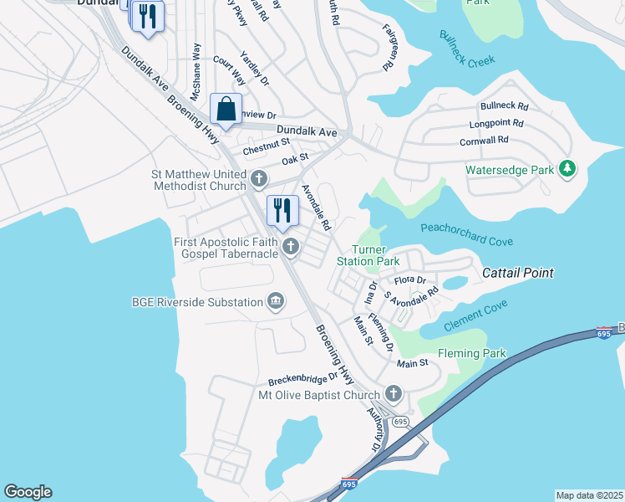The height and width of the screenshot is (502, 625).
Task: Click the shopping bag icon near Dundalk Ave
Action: click(x=226, y=109)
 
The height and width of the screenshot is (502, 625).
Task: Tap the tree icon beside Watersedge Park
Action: click(x=567, y=169)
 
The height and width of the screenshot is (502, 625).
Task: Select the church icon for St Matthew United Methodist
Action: click(x=259, y=179)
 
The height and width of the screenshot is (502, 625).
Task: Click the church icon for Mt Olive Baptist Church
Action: click(x=394, y=393)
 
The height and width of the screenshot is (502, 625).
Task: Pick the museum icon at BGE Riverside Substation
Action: click(x=275, y=301)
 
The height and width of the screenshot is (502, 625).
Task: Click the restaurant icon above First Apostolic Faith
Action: click(x=282, y=211)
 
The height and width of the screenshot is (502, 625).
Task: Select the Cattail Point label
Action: click(x=518, y=274)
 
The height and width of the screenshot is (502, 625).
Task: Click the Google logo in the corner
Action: click(x=28, y=492)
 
